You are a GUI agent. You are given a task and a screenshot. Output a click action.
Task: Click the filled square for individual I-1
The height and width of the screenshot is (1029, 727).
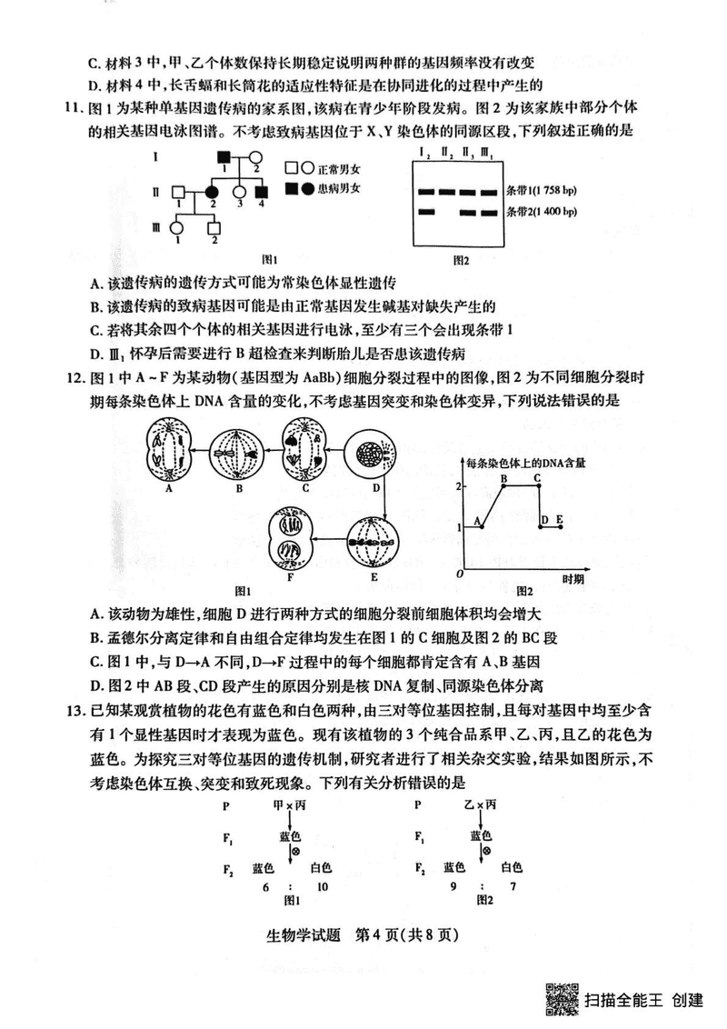coord(224,157)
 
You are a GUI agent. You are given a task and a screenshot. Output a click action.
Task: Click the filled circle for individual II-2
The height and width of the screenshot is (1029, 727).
coord(212,193)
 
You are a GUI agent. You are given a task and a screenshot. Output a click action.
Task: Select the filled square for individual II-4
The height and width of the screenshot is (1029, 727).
coord(261,193)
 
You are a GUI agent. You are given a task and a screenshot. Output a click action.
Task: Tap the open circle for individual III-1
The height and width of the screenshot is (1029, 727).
coord(176,228)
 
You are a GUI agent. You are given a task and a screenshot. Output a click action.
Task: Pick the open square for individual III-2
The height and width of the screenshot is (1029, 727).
coord(214,228)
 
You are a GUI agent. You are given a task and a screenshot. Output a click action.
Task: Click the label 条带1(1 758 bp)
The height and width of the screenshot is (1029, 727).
coord(542,191)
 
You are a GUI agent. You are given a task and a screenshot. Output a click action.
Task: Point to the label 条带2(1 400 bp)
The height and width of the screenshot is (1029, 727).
coord(542,212)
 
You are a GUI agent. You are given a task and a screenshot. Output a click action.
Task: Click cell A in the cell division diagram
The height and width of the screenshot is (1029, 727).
coord(168,452)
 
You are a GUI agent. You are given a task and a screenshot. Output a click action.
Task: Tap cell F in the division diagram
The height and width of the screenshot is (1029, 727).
coord(290,539)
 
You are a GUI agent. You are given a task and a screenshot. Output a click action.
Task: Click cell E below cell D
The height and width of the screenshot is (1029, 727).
coord(373,542)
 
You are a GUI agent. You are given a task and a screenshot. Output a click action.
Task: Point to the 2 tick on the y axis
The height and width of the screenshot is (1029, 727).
coord(459,485)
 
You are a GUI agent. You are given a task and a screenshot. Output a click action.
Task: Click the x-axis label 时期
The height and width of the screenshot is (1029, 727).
coord(573,579)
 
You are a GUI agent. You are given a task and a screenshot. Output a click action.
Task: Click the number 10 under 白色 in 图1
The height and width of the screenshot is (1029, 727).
coord(323,886)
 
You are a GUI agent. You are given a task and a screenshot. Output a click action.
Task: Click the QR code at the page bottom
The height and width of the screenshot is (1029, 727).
coord(563,1000)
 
